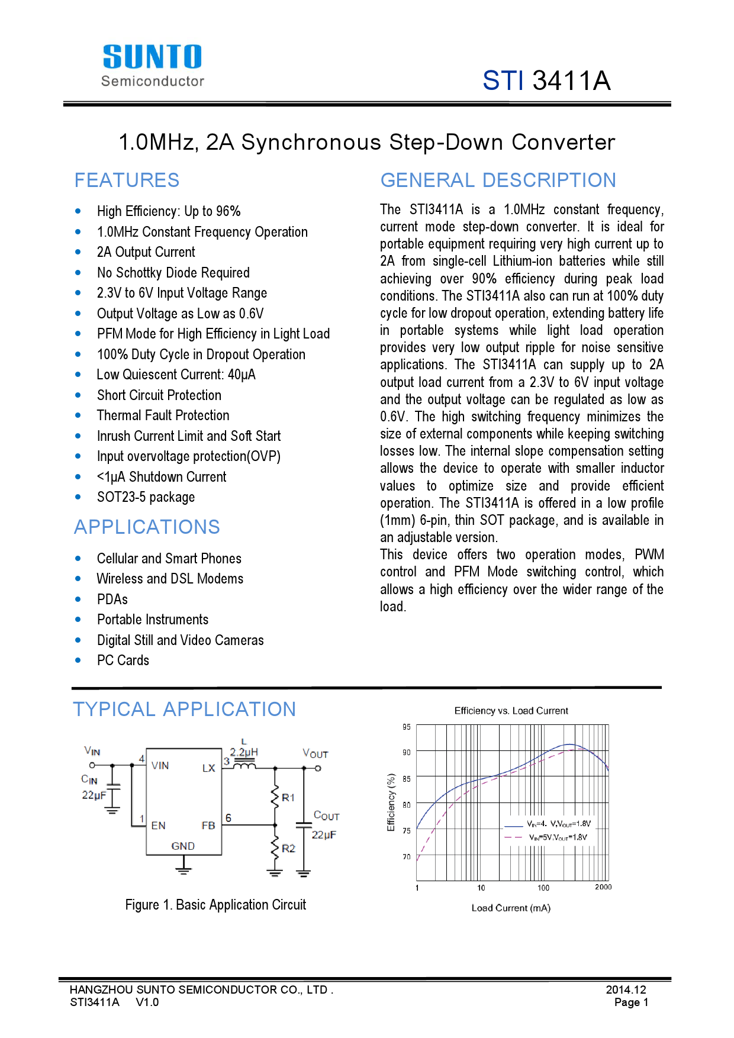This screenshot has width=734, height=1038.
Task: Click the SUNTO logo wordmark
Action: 152,57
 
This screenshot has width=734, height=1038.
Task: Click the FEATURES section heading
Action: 127,180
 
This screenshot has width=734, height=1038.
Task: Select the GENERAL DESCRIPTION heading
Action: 498,180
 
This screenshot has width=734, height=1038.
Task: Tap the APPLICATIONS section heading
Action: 147,527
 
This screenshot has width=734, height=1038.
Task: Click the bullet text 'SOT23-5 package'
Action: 146,497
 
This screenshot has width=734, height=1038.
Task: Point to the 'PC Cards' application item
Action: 123,660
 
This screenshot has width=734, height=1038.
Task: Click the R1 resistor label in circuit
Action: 288,798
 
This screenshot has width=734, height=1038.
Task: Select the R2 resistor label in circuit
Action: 288,848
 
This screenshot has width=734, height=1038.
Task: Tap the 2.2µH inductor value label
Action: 244,752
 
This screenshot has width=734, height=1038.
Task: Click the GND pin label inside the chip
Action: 183,846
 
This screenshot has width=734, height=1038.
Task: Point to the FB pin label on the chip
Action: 208,825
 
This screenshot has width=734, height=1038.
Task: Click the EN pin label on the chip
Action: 158,825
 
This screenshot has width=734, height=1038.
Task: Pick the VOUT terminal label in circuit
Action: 315,753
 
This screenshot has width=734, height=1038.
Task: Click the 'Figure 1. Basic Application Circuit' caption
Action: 215,905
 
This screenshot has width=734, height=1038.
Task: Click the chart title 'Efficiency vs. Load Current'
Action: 511,711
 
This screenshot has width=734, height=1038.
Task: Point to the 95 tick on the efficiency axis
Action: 406,727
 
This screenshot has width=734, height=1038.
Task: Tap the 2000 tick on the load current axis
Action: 603,887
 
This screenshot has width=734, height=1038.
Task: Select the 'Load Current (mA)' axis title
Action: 511,908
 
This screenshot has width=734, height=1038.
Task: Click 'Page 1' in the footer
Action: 631,1002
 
